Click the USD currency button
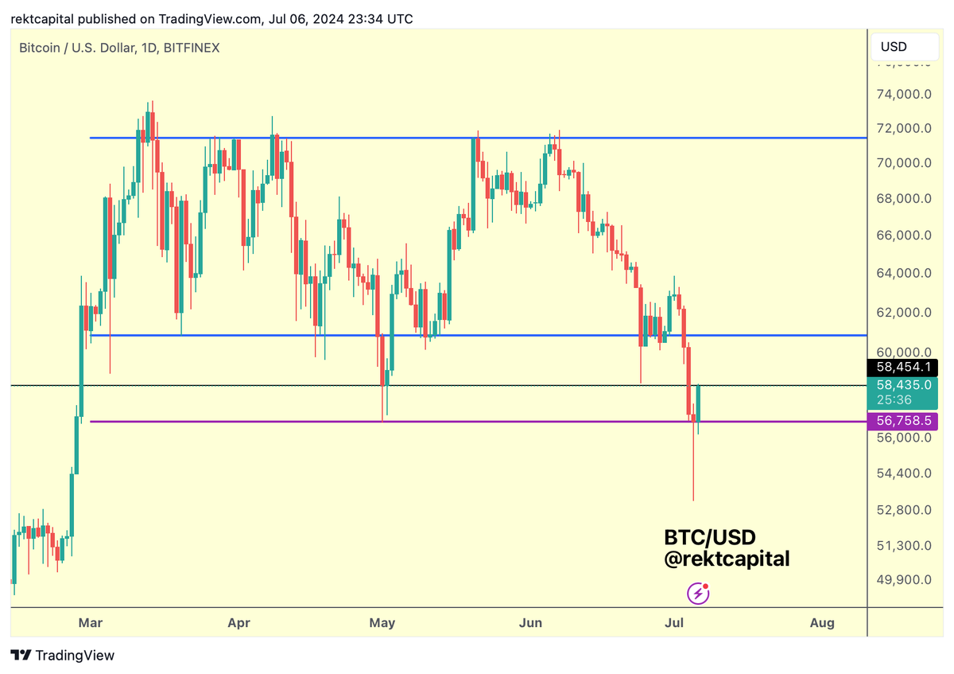point(894,46)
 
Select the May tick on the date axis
point(382,622)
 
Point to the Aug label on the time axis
point(822,622)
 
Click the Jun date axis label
point(530,622)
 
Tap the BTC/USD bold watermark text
point(709,538)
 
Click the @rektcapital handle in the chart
point(727,559)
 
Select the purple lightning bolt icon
point(697,593)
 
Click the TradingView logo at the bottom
point(64,656)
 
